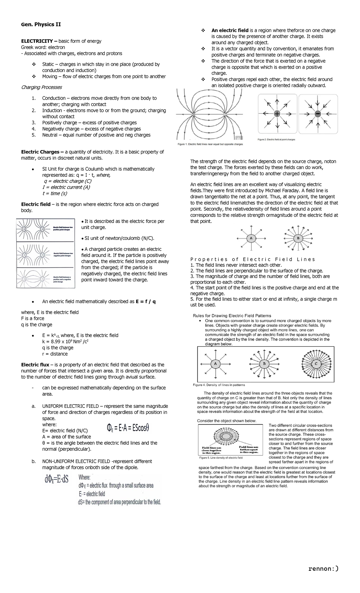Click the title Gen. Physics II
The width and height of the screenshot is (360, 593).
pyautogui.click(x=41, y=25)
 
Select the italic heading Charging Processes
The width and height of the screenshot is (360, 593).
pyautogui.click(x=41, y=87)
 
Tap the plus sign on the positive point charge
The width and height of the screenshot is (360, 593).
pyautogui.click(x=277, y=114)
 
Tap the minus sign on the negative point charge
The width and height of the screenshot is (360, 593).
pyautogui.click(x=318, y=114)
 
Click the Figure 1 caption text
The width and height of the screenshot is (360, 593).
pyautogui.click(x=210, y=144)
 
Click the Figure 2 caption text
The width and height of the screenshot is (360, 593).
pyautogui.click(x=276, y=140)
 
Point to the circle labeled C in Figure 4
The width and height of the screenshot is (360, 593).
pyautogui.click(x=316, y=364)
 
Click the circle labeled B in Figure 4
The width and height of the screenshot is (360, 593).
pyautogui.click(x=264, y=364)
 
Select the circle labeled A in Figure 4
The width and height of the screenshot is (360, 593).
pyautogui.click(x=215, y=364)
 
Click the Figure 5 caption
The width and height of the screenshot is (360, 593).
pyautogui.click(x=221, y=458)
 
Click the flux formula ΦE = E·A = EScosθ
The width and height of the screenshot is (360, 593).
pyautogui.click(x=128, y=428)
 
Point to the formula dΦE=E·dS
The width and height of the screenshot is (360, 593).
pyautogui.click(x=56, y=479)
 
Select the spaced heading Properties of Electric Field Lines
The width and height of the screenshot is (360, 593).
pyautogui.click(x=253, y=259)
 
